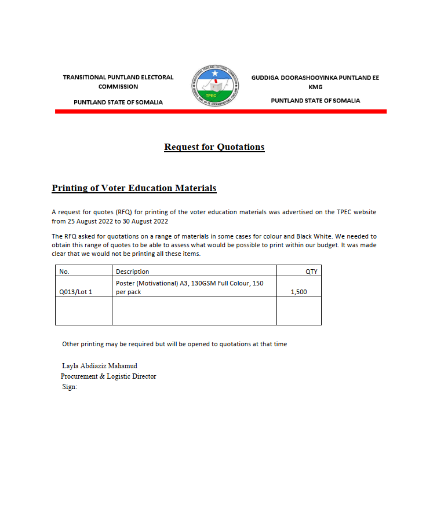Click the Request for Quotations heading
pyautogui.click(x=214, y=147)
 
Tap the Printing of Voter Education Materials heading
pyautogui.click(x=134, y=188)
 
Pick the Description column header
pyautogui.click(x=132, y=272)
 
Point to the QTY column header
pyautogui.click(x=311, y=272)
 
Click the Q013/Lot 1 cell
pyautogui.click(x=75, y=292)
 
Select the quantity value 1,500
pyautogui.click(x=298, y=292)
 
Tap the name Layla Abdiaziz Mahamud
pyautogui.click(x=99, y=366)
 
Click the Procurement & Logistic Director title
pyautogui.click(x=108, y=376)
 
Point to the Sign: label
pyautogui.click(x=70, y=387)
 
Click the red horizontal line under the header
pyautogui.click(x=220, y=111)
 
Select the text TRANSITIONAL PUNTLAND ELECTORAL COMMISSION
pyautogui.click(x=118, y=82)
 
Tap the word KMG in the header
pyautogui.click(x=315, y=87)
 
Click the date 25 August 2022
pyautogui.click(x=89, y=221)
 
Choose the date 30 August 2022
pyautogui.click(x=143, y=221)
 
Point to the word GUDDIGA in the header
pyautogui.click(x=264, y=77)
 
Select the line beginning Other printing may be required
pyautogui.click(x=174, y=344)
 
